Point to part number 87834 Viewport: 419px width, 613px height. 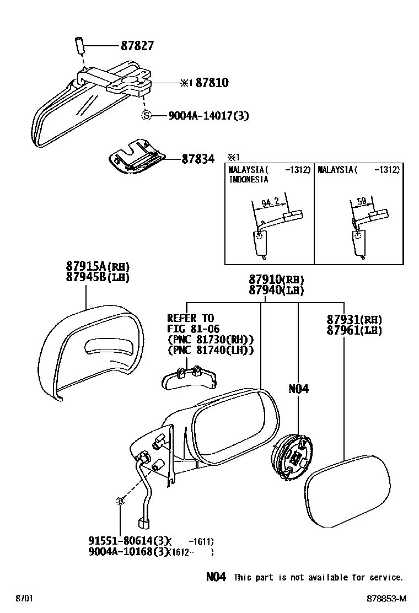(198, 159)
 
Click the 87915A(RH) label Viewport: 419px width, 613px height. (99, 267)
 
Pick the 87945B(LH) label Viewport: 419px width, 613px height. (99, 277)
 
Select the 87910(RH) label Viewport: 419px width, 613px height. (276, 279)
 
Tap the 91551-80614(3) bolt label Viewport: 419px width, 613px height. (127, 542)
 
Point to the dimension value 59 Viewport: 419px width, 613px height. (362, 202)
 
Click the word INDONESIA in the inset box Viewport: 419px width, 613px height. (248, 179)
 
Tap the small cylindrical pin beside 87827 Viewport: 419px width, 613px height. (79, 45)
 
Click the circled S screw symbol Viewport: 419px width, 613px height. (146, 116)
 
